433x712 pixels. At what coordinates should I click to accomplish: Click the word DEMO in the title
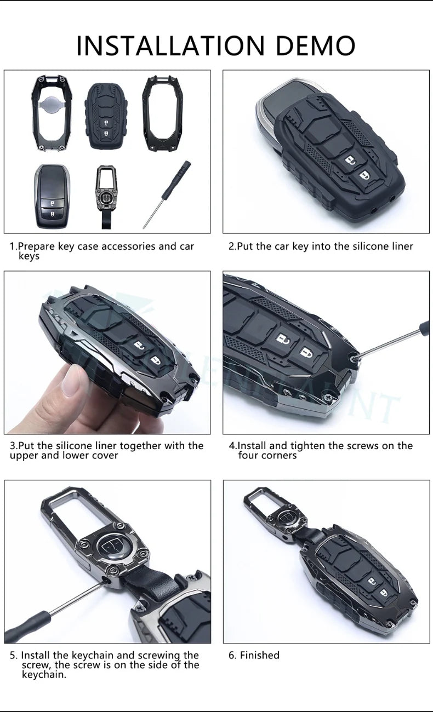click(315, 45)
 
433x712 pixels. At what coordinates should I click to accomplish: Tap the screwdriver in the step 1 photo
click(167, 194)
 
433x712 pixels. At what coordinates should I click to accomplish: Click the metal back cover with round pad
click(52, 114)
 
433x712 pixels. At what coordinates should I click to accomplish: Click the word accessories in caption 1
click(129, 246)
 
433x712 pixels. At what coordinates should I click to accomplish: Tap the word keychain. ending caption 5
click(44, 675)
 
